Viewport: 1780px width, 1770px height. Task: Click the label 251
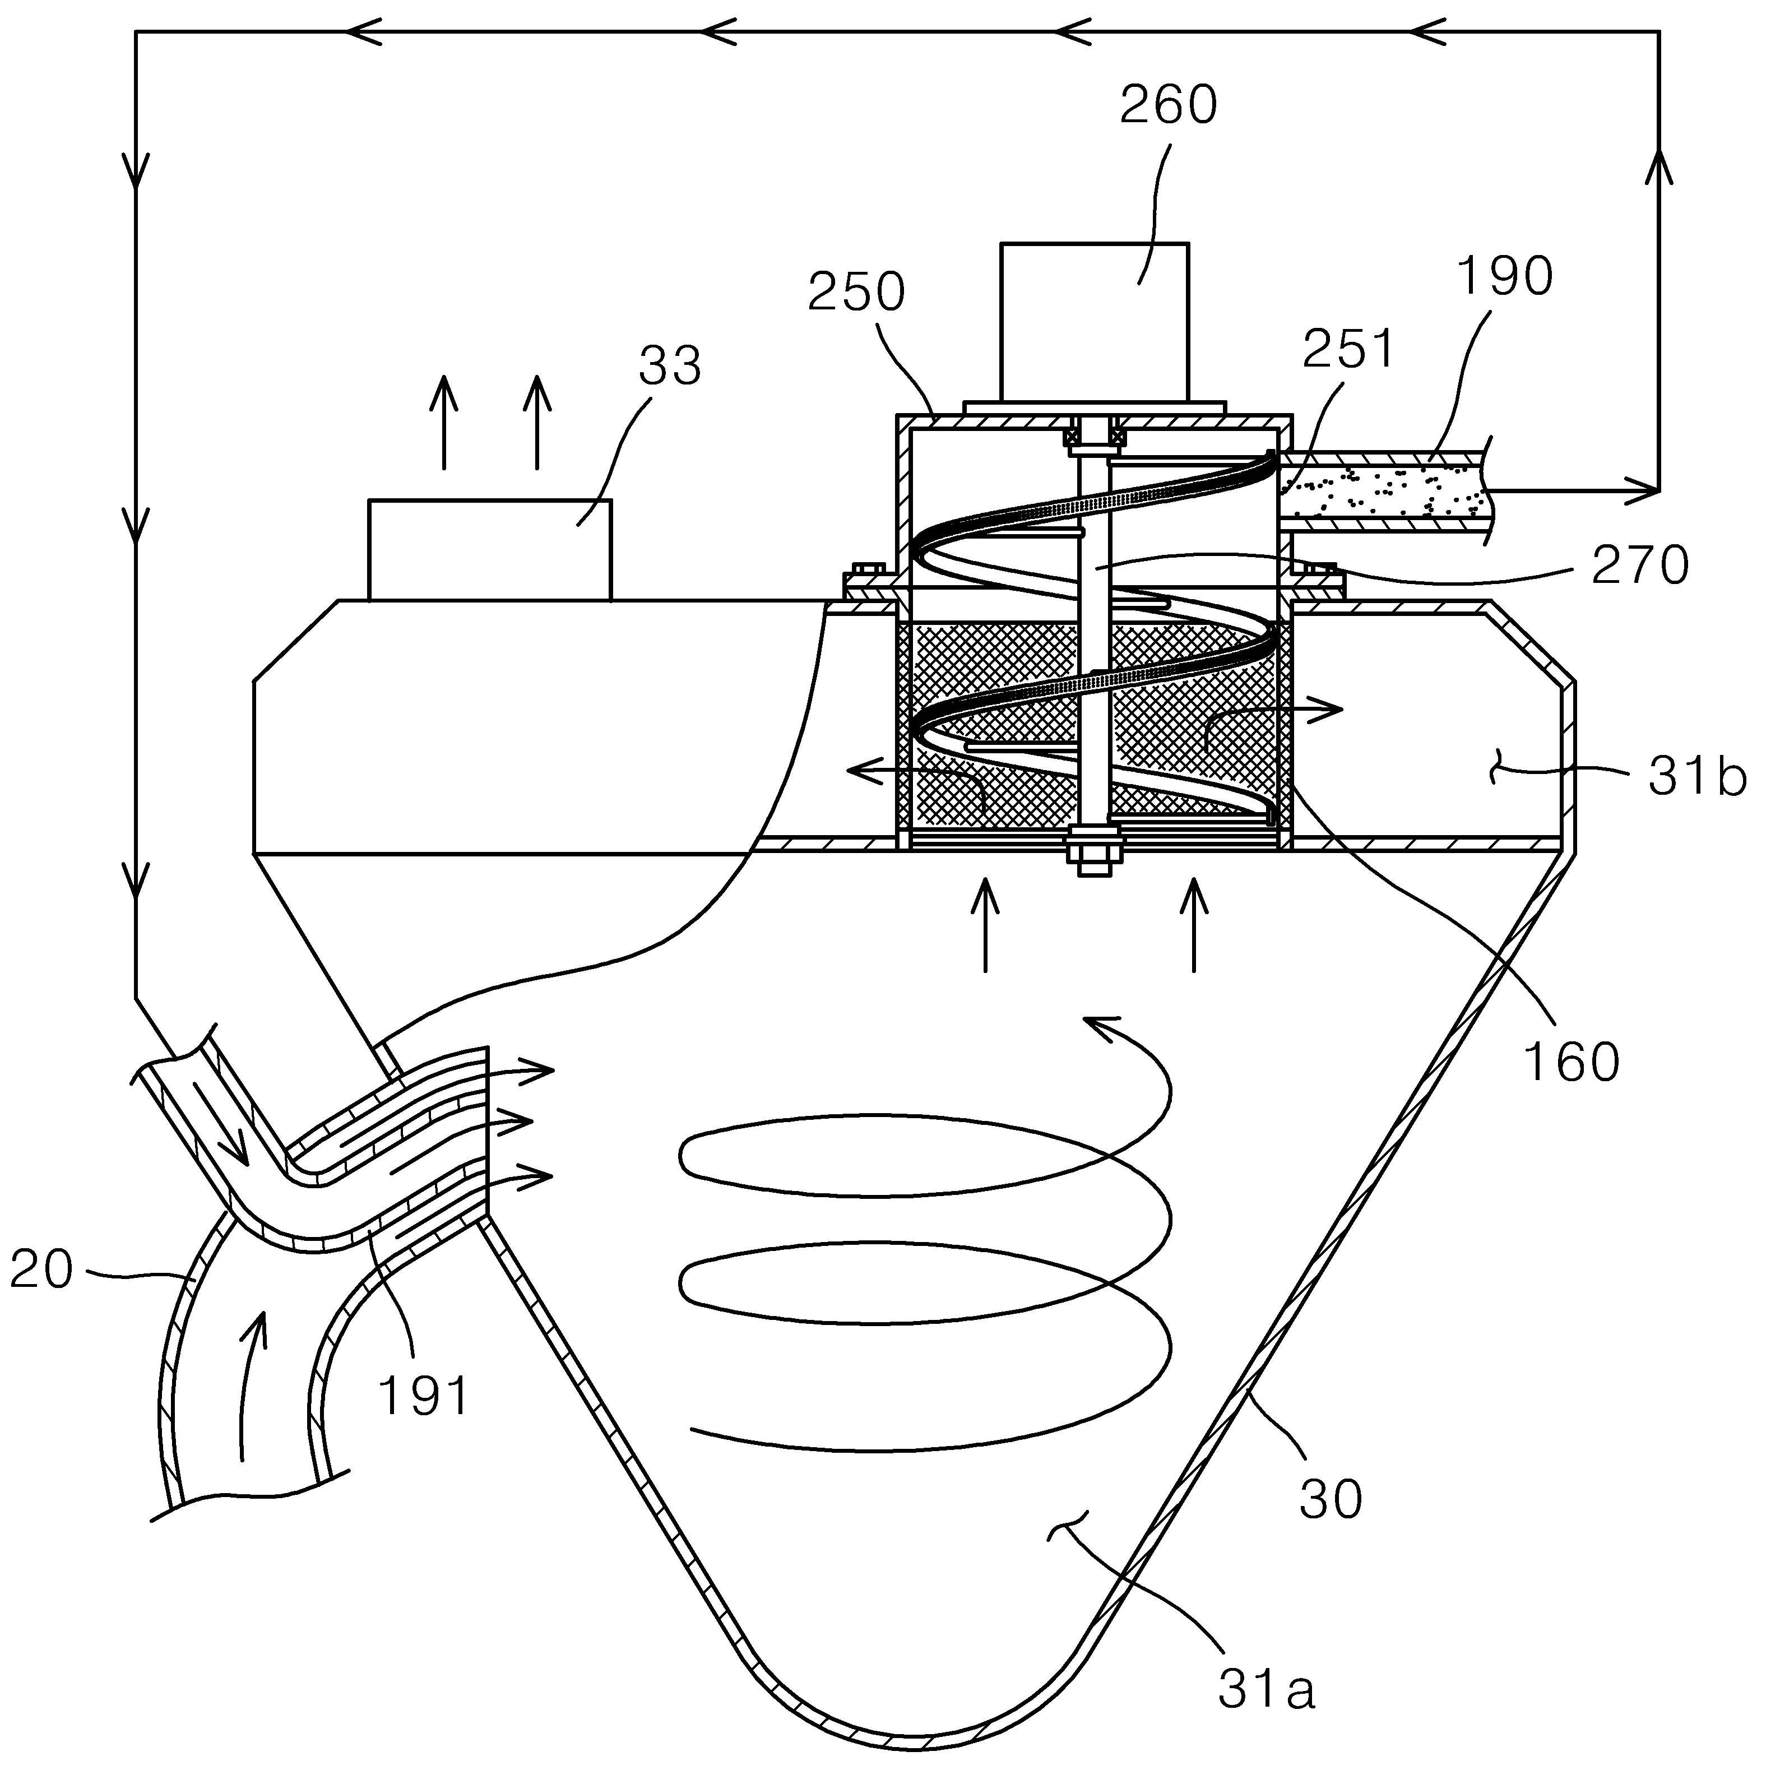tap(1349, 348)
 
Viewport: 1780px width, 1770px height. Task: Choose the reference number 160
tap(1571, 1062)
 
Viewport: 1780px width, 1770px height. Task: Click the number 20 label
tap(41, 1269)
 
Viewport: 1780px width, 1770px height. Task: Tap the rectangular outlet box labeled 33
tap(489, 550)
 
